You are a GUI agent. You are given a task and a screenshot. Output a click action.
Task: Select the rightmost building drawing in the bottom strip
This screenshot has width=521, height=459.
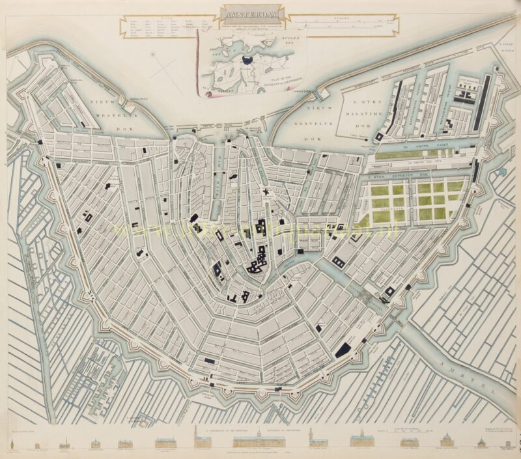pyautogui.click(x=505, y=444)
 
